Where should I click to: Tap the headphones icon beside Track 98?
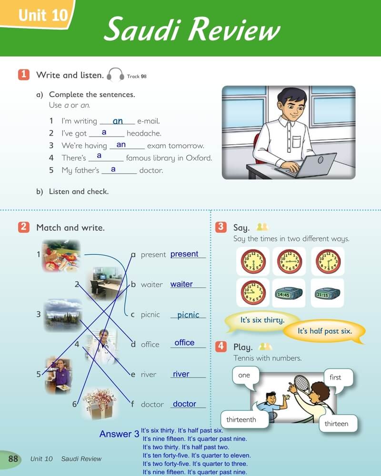(x=115, y=75)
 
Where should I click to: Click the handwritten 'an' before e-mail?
(x=118, y=121)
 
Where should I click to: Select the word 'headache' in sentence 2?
(x=144, y=133)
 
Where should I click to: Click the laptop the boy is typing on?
(x=306, y=165)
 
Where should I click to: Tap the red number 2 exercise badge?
(x=24, y=227)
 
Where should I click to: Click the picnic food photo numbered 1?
(x=61, y=256)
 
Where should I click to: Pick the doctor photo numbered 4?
(x=102, y=346)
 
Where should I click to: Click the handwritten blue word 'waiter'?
(x=181, y=284)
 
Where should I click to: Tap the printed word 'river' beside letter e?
(x=149, y=374)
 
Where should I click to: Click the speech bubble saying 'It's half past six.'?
(x=324, y=331)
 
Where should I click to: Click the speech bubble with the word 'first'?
(x=338, y=378)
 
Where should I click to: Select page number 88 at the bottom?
(x=13, y=458)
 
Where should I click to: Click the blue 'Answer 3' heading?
(x=119, y=434)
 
